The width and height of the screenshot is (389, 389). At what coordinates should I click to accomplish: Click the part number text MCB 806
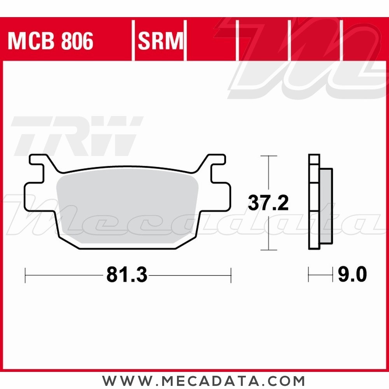click(51, 41)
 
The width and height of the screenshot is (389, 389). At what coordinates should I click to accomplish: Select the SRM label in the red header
click(160, 41)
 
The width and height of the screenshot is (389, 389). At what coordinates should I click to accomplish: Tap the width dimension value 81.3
click(126, 275)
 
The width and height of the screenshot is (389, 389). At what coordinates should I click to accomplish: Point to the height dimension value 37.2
click(268, 203)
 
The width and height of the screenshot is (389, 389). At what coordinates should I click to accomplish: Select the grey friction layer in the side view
click(326, 208)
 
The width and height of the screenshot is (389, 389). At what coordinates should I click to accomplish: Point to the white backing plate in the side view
click(314, 208)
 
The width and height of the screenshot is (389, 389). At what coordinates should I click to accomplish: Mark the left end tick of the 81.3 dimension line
click(25, 275)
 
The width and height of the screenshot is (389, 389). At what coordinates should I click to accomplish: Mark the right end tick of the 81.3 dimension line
click(231, 275)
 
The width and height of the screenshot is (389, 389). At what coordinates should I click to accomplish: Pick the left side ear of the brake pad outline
click(33, 198)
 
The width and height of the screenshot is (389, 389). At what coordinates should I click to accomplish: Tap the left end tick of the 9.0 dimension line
click(309, 275)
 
